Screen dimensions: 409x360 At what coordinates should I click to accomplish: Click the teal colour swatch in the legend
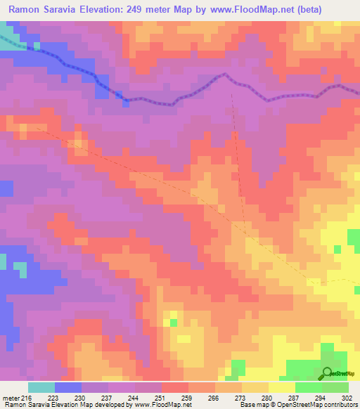(41, 387)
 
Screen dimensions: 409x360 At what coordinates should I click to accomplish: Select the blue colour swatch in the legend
(68, 387)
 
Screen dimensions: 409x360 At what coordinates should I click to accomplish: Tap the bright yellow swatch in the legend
(282, 387)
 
